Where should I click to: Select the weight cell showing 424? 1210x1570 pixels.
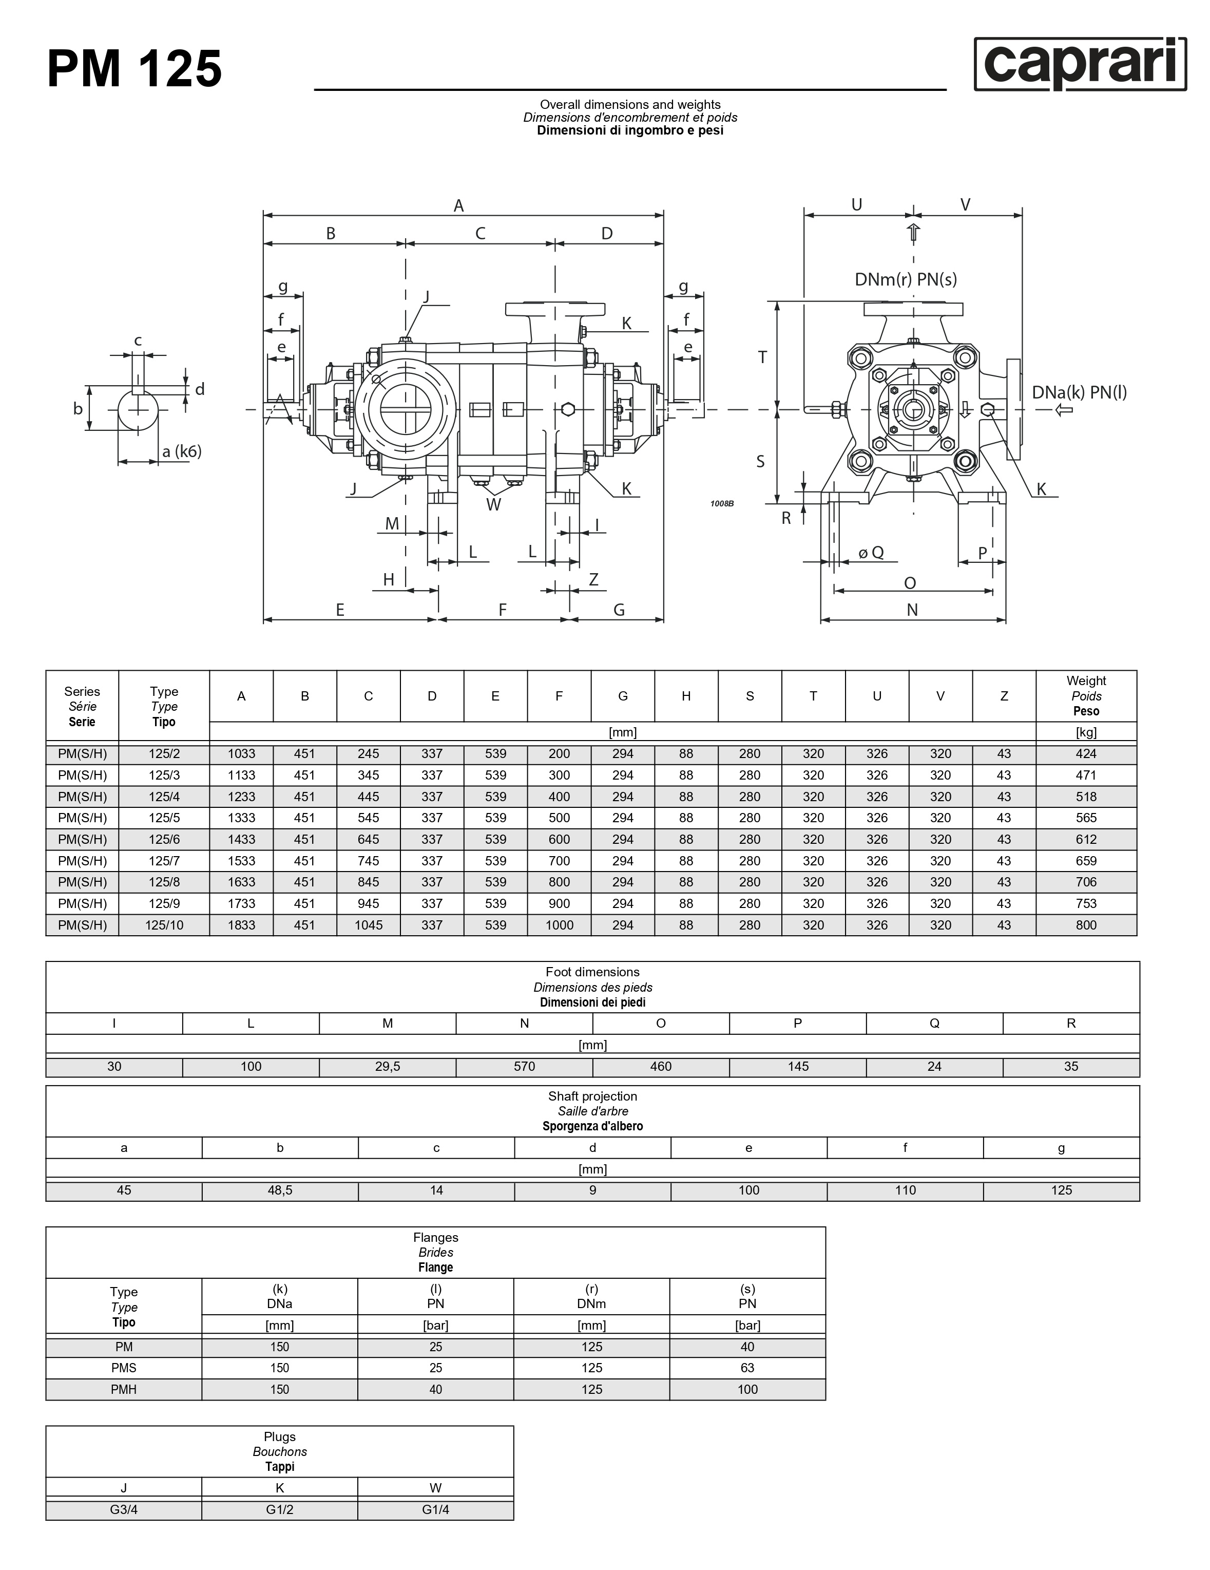click(x=1086, y=753)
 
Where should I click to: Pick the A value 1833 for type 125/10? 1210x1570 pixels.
click(x=241, y=925)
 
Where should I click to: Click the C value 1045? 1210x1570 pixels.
click(x=368, y=925)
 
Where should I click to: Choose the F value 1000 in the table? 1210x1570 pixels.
click(x=559, y=925)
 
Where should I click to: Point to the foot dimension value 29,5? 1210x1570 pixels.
click(x=387, y=1066)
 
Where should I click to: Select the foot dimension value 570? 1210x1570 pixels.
click(x=525, y=1066)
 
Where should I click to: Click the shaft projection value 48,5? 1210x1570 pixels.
click(x=280, y=1190)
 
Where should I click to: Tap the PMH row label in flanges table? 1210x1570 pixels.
click(x=124, y=1390)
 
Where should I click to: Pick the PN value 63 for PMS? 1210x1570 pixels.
click(x=747, y=1368)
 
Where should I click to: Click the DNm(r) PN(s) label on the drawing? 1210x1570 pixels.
click(x=906, y=279)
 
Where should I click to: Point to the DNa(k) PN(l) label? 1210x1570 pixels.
click(x=1079, y=392)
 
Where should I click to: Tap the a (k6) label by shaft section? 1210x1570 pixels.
click(x=181, y=451)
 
